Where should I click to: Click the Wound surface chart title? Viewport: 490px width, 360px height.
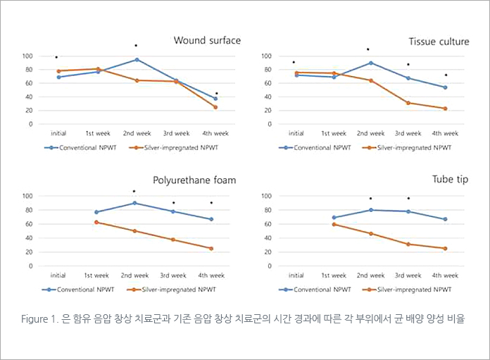tap(207, 41)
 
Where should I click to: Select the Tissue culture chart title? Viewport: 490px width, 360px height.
tap(439, 42)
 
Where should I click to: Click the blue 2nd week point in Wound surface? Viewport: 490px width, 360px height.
tap(137, 60)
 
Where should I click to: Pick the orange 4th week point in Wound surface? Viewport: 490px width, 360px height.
tap(215, 107)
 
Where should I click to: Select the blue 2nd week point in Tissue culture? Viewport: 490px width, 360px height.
tap(370, 63)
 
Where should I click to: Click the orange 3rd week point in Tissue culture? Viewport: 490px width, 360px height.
tap(408, 103)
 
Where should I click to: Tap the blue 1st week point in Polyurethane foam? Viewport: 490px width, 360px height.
tap(96, 212)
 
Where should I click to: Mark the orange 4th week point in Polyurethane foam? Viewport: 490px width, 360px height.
tap(211, 248)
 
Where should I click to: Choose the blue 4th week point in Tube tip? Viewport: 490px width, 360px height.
tap(445, 219)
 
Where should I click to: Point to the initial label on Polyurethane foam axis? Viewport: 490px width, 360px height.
tap(58, 275)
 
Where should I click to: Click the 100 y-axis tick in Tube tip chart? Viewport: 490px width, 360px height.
tap(267, 196)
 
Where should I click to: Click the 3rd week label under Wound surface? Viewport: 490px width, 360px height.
tap(176, 132)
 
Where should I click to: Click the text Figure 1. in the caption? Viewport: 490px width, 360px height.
tap(39, 319)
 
